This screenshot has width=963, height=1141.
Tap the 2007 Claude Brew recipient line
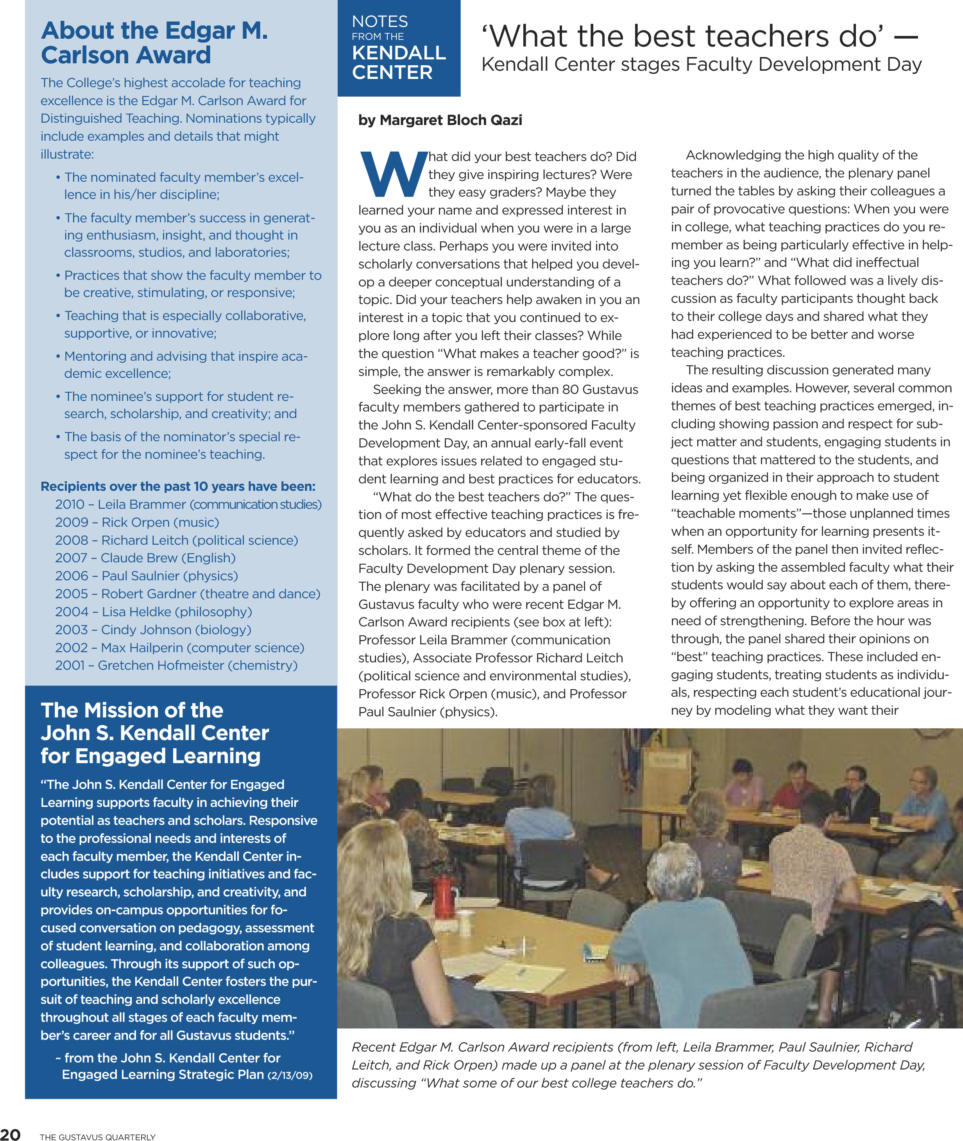point(145,558)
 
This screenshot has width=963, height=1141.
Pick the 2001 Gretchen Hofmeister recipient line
point(176,665)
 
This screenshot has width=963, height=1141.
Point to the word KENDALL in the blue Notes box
point(399,53)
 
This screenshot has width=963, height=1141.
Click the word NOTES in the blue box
point(380,21)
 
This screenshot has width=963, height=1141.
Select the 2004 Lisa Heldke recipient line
point(154,612)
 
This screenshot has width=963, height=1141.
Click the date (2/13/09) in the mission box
point(290,1075)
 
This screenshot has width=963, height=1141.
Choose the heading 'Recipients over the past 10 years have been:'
point(178,486)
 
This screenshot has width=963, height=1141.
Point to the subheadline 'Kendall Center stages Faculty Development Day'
point(702,64)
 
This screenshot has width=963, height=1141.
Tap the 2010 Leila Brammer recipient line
point(188,504)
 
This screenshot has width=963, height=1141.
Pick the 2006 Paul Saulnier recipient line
point(146,576)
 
